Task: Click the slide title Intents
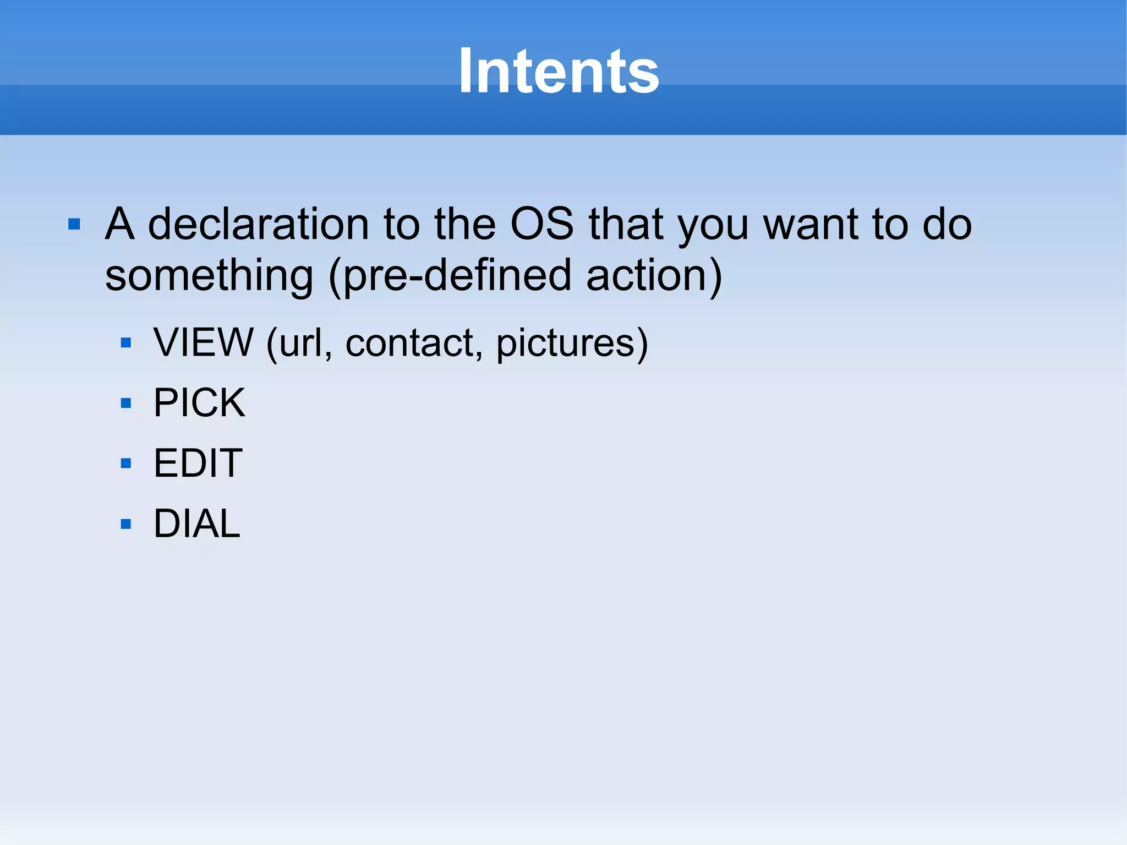click(559, 72)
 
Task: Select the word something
click(209, 276)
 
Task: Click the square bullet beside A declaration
click(74, 225)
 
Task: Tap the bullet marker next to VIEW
click(126, 343)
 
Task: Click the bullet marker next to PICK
click(126, 403)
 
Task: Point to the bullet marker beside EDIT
click(126, 463)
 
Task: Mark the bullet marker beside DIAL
click(126, 524)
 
